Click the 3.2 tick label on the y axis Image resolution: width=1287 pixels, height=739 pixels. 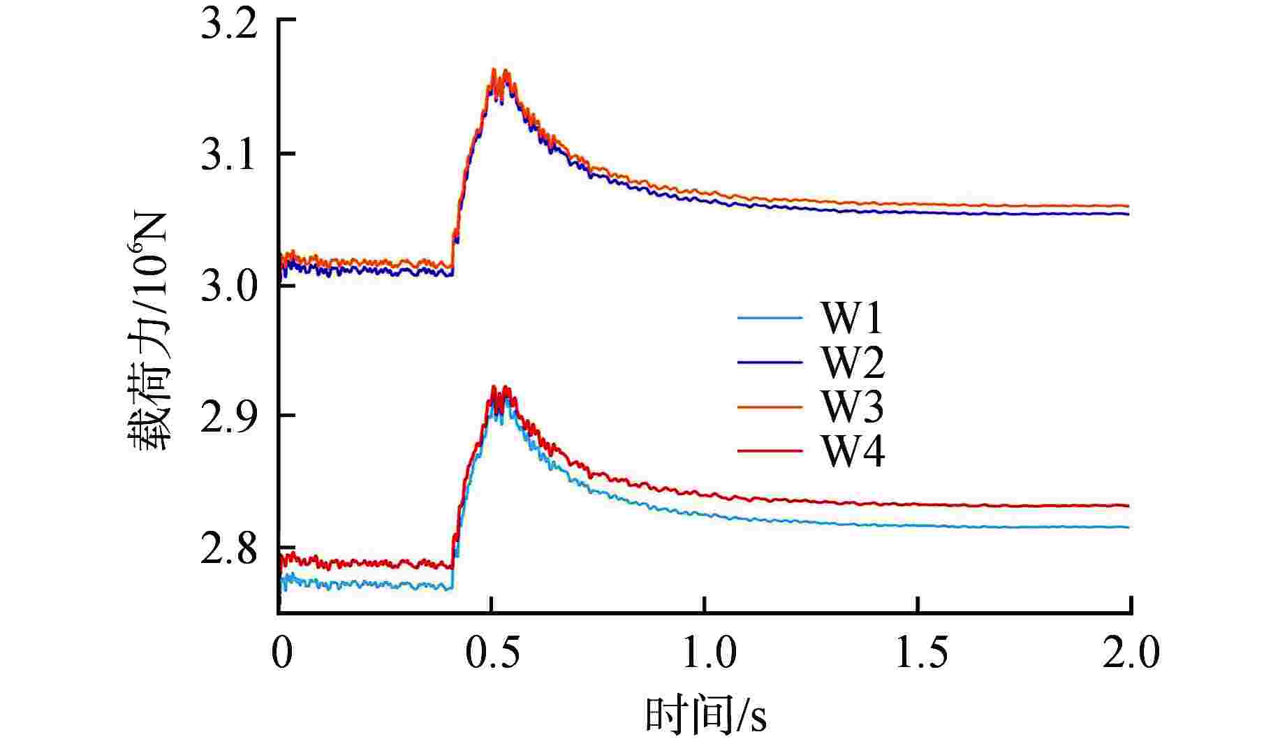click(228, 25)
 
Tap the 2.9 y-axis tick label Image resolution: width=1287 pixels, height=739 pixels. click(228, 416)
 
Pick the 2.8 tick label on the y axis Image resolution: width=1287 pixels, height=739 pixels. click(228, 549)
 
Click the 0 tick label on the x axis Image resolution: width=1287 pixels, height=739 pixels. click(281, 654)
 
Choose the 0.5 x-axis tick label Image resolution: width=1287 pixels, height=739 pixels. click(493, 654)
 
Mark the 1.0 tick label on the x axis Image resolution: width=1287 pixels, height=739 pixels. click(706, 654)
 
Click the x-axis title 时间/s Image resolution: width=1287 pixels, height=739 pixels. click(705, 715)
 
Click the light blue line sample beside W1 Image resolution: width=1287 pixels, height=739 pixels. click(770, 319)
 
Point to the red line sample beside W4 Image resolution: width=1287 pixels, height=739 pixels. click(770, 451)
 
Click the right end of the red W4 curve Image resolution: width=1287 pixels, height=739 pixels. click(1128, 506)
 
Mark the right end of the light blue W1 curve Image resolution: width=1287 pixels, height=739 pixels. click(1128, 527)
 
